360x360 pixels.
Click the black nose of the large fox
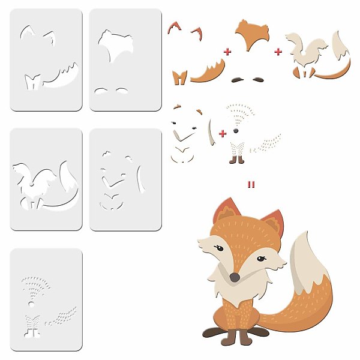(x=235, y=277)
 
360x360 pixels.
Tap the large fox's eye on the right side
(x=261, y=259)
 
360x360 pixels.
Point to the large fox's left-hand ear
(x=224, y=211)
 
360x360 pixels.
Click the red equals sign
(x=251, y=184)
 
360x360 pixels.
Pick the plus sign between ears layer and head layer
(x=227, y=52)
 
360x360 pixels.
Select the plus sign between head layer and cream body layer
(x=278, y=52)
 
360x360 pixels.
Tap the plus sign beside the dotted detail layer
(x=223, y=133)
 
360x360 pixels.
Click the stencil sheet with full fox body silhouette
(x=46, y=179)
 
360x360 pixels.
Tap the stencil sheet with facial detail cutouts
(x=125, y=179)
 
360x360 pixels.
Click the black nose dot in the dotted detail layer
(x=235, y=130)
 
